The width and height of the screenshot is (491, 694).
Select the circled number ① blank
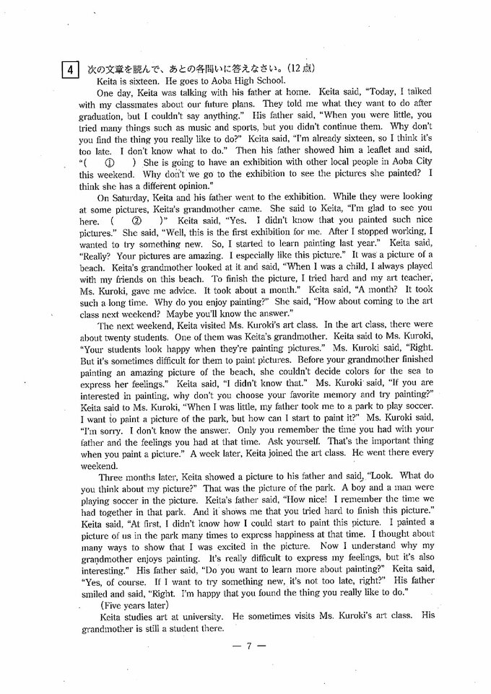110,163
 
